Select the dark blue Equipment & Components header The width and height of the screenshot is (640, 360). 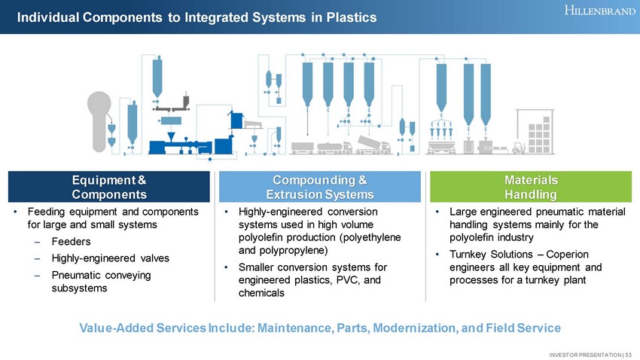tap(108, 188)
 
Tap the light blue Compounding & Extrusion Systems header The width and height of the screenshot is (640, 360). tap(320, 188)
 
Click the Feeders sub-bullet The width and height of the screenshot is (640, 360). tap(71, 242)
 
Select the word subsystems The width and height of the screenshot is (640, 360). tap(79, 288)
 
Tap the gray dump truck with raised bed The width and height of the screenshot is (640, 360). tap(373, 144)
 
